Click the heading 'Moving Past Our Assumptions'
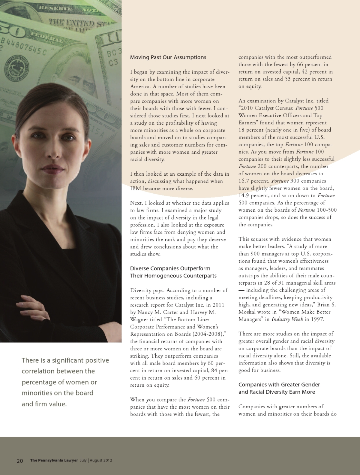point(168,57)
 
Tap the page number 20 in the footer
point(20,461)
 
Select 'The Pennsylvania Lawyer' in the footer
point(54,460)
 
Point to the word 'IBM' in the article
point(136,189)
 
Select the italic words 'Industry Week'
point(287,319)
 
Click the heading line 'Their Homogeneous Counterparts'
point(173,276)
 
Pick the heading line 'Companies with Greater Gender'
point(279,385)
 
